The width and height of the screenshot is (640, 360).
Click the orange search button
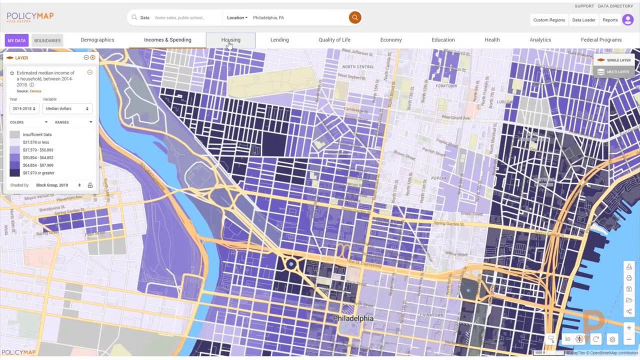click(x=354, y=17)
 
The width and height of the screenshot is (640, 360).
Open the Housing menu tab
click(x=230, y=40)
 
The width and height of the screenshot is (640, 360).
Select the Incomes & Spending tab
click(x=167, y=40)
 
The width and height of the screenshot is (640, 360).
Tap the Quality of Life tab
click(x=334, y=40)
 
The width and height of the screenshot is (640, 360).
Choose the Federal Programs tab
click(x=601, y=40)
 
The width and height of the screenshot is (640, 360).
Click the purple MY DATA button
click(x=16, y=40)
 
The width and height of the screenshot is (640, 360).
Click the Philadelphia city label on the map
click(x=353, y=318)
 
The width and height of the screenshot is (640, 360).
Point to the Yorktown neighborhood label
click(x=445, y=86)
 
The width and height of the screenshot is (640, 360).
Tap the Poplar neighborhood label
click(x=438, y=178)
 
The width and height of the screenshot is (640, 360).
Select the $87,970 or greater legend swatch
click(x=14, y=173)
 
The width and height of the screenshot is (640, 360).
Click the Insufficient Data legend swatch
click(x=14, y=134)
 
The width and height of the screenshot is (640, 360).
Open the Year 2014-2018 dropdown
click(x=23, y=108)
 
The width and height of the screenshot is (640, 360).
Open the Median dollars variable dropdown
click(x=67, y=108)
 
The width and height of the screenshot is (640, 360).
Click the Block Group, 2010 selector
click(x=58, y=185)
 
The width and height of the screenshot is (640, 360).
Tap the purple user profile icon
click(x=627, y=20)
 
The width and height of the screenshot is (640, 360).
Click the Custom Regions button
click(x=548, y=20)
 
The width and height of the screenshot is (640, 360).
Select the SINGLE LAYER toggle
click(x=614, y=60)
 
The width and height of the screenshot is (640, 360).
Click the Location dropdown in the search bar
click(x=237, y=17)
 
